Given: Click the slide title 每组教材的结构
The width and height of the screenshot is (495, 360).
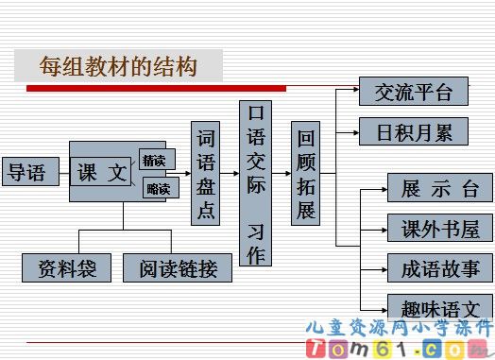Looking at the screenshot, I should (118, 67).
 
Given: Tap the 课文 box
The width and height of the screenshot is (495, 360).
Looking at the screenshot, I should (102, 172).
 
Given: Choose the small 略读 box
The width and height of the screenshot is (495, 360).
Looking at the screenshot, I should (157, 189).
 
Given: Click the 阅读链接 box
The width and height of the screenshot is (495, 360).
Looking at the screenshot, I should (178, 268).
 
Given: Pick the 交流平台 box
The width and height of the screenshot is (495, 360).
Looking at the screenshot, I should (413, 92).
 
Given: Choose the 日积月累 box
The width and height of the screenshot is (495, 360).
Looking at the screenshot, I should (413, 131).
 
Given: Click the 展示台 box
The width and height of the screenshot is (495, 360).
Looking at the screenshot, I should (439, 188).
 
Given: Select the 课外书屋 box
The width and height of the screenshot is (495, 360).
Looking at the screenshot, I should (439, 228).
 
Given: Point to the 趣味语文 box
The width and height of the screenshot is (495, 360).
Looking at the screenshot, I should (439, 307).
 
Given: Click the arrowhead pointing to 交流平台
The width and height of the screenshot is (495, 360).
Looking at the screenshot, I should (355, 92).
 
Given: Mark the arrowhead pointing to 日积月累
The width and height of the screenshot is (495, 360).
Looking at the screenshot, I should (355, 131).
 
